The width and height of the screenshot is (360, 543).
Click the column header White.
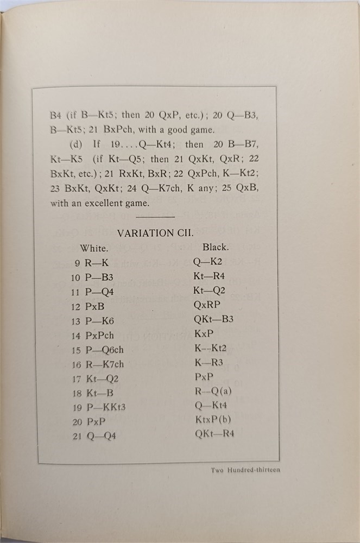[94, 248]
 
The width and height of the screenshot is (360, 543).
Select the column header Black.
[216, 247]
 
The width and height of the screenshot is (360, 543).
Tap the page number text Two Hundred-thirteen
[245, 470]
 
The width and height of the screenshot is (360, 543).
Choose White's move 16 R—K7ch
[101, 364]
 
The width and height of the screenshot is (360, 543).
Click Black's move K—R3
[207, 362]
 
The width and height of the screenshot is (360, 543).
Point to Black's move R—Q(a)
[212, 390]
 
